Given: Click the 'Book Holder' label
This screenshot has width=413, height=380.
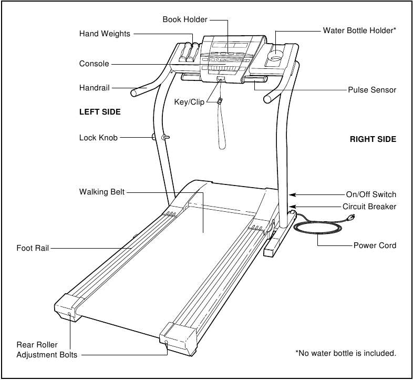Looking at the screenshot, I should pos(184,19).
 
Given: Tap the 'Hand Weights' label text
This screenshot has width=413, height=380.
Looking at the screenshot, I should pos(105,34).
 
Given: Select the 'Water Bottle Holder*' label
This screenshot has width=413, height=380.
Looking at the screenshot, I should pos(359,30).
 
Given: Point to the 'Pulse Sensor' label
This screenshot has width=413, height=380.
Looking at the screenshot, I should pos(372,90).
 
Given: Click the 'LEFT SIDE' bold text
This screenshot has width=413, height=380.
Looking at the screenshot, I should pos(100,112).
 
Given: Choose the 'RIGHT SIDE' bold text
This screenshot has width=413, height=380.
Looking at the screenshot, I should pos(373,139).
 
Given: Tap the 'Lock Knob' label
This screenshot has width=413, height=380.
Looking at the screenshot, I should pos(98,138).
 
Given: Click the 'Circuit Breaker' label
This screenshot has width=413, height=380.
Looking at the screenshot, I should pos(369,207).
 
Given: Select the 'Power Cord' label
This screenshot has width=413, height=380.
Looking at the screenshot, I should pos(375,245).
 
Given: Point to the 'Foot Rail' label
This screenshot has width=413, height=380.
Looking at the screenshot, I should pos(33,248).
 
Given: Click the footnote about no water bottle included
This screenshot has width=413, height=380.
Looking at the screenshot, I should pos(346,353).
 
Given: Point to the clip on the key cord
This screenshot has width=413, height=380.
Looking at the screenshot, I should pos(220,100).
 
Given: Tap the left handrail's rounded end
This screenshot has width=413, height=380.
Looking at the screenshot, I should pos(133,94).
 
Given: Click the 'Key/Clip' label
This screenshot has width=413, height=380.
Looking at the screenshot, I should pos(189,102).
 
